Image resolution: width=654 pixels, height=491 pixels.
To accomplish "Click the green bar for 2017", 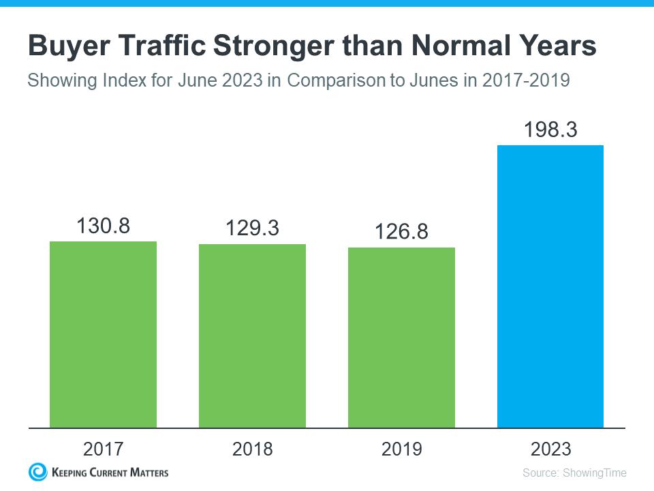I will coord(103,334).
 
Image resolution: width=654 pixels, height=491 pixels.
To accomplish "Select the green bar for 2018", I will coord(252,336).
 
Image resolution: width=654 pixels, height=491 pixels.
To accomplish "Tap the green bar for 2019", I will coord(401,338).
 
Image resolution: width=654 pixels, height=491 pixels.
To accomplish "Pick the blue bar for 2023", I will coord(550,286).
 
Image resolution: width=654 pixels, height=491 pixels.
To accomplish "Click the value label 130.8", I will coord(103,225).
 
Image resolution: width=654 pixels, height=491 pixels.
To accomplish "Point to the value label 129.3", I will coord(252,228).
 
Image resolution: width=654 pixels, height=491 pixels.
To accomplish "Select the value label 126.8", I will coord(401,232).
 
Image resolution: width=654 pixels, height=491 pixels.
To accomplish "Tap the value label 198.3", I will coord(550,129).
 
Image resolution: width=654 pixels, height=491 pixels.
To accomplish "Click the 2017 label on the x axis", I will coord(103,449).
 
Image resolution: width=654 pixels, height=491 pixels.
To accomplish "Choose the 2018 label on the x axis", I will coord(252,449).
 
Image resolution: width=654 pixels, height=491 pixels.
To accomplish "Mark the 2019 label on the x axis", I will coord(401,449).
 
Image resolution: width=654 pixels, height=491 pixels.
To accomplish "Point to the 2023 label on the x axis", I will coord(550,449).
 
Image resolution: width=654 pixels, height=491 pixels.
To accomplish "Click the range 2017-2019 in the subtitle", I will coord(525,80).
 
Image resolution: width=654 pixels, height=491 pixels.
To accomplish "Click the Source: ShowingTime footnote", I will coord(574,473).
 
